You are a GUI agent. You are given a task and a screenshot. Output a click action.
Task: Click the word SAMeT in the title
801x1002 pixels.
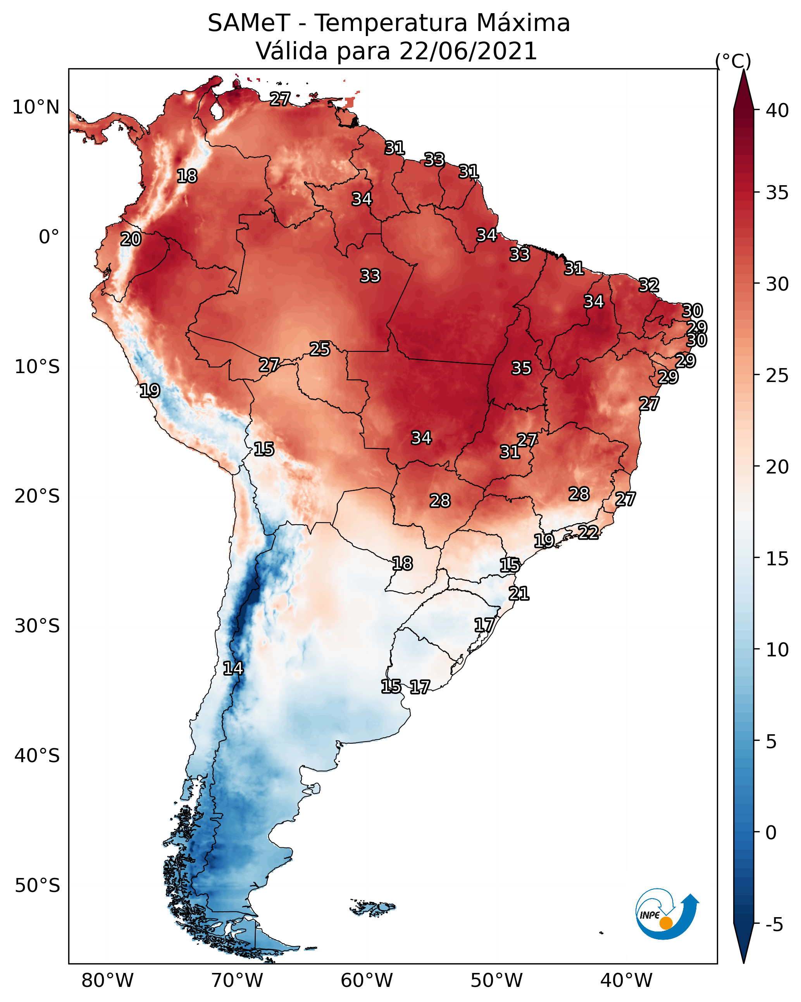(249, 23)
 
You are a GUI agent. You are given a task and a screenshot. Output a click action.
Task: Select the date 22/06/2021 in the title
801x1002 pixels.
(468, 51)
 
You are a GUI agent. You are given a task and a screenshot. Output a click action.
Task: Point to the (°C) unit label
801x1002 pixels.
(733, 60)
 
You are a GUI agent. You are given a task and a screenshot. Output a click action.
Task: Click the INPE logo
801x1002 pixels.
(667, 914)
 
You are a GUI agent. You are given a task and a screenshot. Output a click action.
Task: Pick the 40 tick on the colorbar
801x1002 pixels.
(777, 110)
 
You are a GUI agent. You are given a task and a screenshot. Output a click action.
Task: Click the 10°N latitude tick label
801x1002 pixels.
(36, 107)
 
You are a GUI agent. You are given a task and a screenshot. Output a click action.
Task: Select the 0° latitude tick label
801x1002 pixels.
(49, 237)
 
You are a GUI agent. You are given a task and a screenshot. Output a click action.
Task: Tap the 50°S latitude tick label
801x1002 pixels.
(37, 886)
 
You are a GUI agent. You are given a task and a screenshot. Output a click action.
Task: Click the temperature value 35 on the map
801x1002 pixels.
(521, 368)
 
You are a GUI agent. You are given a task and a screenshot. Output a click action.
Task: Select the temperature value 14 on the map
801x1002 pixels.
(233, 668)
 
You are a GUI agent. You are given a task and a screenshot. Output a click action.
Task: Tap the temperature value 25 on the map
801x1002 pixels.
(320, 349)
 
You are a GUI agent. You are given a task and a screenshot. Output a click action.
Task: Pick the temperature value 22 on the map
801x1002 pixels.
(588, 532)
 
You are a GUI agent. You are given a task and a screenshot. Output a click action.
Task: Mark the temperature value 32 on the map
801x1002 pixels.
(649, 285)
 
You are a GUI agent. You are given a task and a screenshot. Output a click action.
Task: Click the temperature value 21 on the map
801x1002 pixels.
(519, 594)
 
